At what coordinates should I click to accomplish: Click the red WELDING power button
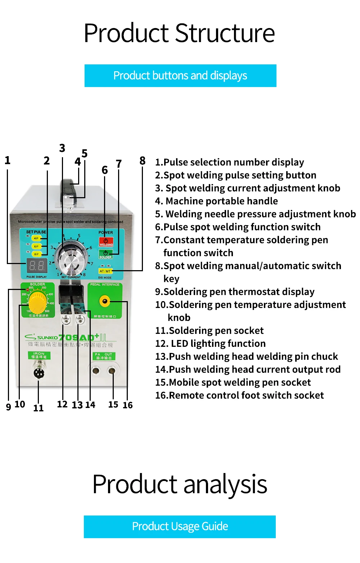point(106,242)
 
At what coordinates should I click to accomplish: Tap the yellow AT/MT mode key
point(105,271)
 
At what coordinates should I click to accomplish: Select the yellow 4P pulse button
point(36,238)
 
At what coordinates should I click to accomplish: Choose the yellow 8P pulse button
point(36,254)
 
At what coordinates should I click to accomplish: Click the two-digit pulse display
point(37,266)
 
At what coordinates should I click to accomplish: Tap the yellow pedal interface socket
point(105,301)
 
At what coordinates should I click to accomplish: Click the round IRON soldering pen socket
point(39,373)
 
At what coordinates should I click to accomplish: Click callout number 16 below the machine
point(127,405)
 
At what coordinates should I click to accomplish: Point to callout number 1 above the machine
point(8,160)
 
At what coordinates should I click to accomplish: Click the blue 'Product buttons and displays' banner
point(180,76)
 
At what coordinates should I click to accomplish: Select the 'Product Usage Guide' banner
point(180,527)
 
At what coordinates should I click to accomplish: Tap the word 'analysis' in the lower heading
point(225,484)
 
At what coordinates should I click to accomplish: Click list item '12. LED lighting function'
point(211,344)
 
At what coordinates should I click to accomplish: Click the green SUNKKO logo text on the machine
point(47,337)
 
